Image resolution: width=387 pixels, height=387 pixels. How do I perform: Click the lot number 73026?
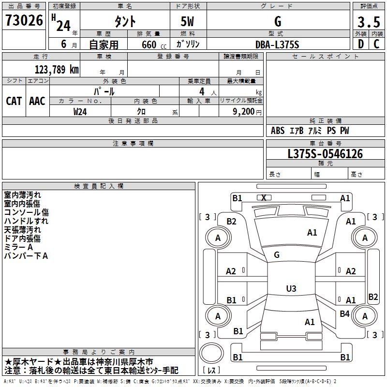point(24,20)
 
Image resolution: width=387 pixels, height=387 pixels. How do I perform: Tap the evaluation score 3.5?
point(369,22)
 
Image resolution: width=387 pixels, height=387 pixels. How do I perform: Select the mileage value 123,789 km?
point(57,70)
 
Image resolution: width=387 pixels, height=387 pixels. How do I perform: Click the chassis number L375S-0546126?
point(325,154)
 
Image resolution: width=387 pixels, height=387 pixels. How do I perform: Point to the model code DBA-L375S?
point(277,45)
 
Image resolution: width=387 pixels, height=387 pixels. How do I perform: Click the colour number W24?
point(80,112)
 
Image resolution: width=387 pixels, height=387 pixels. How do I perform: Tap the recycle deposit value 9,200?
point(244,112)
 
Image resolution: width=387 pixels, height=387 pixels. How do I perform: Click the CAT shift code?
point(14,101)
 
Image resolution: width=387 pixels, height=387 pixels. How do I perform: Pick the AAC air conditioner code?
point(37,101)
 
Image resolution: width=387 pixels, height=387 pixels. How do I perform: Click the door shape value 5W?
point(187,21)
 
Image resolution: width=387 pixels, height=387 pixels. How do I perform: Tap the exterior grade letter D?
point(361,44)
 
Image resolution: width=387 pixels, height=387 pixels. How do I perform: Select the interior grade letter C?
point(376,44)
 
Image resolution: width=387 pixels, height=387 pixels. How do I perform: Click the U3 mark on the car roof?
point(291,288)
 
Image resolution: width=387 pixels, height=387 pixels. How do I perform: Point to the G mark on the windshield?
point(277,255)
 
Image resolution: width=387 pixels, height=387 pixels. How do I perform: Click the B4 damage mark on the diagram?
point(344,313)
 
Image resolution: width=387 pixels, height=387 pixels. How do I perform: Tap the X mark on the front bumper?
point(264,198)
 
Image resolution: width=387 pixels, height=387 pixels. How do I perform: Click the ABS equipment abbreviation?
point(278,131)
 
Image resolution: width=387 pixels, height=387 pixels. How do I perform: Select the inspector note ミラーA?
point(18,247)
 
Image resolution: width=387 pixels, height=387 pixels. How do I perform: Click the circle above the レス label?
point(211,353)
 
